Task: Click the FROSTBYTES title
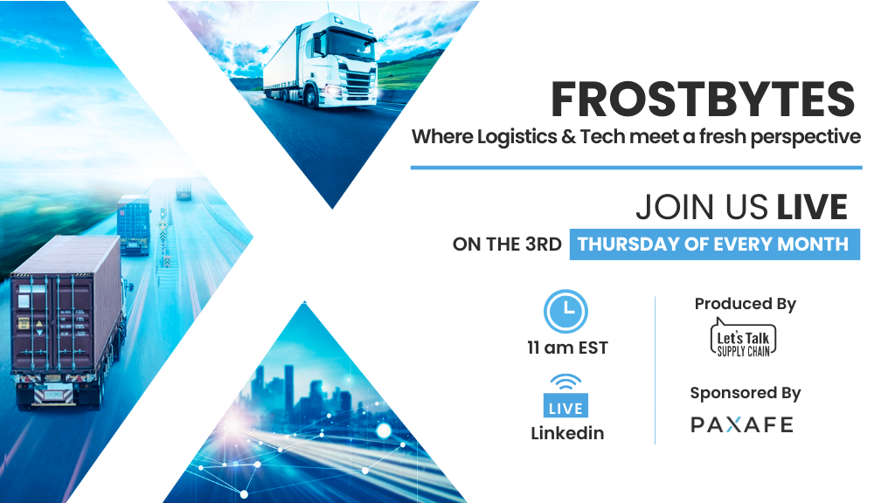coord(703,100)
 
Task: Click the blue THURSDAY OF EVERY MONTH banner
coord(715,245)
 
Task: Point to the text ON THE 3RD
coord(508,245)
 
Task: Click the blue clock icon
coord(565,312)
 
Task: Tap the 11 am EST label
coord(567,348)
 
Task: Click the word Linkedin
coord(567,433)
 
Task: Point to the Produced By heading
coord(745,304)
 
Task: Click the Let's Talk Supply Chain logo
coord(743,338)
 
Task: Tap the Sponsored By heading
coord(745,393)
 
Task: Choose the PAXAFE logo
coord(742,424)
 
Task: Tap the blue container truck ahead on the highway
coord(134,224)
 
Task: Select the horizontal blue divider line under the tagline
coord(636,168)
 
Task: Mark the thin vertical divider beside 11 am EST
coord(656,370)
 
